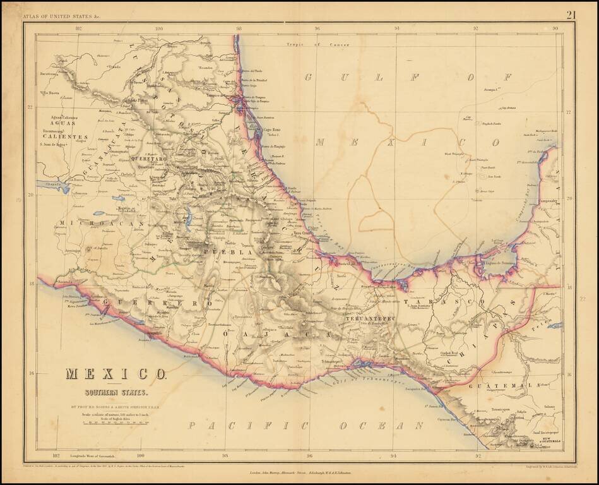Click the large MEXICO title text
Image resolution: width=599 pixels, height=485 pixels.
[x=116, y=374]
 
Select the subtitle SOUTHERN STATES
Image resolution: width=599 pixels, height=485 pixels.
[x=116, y=392]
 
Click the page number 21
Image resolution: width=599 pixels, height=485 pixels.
[x=571, y=15]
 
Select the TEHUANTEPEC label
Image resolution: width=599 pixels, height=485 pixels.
[x=370, y=319]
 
